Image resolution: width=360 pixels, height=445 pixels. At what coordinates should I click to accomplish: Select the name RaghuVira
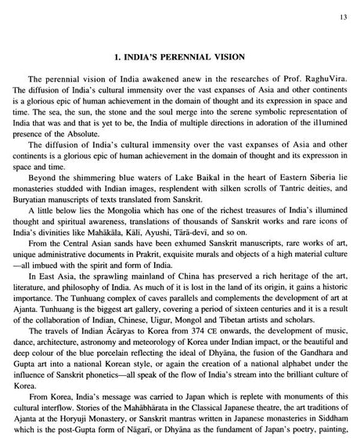[323, 80]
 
